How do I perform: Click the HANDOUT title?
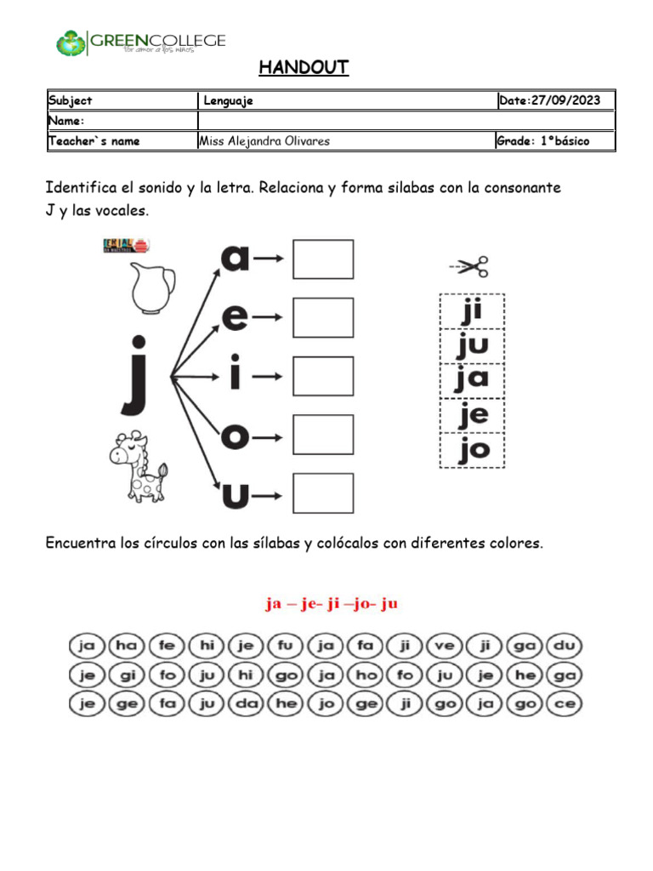(x=304, y=68)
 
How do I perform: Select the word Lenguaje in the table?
(x=228, y=101)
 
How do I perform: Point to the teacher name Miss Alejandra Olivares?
(x=264, y=141)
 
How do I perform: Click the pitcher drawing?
(x=154, y=287)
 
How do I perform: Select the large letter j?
(x=137, y=373)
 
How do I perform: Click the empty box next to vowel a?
(x=323, y=259)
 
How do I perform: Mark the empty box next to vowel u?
(x=323, y=493)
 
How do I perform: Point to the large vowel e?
(x=236, y=316)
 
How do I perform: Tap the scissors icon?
(x=469, y=268)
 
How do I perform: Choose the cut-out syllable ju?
(x=472, y=345)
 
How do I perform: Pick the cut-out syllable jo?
(x=472, y=450)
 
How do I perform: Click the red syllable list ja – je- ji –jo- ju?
(x=331, y=604)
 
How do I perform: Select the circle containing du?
(x=565, y=646)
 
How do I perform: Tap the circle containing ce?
(x=565, y=704)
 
